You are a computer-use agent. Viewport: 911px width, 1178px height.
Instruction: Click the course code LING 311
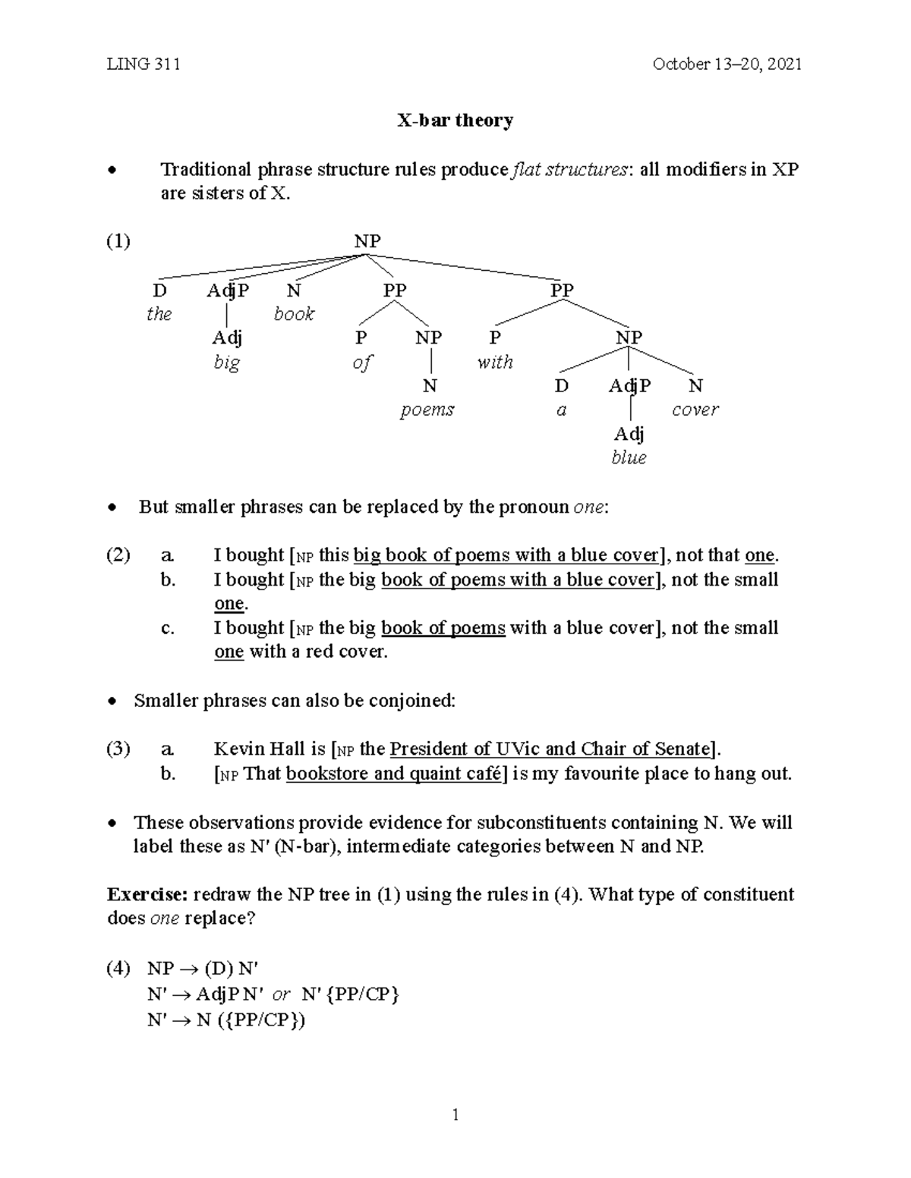click(x=143, y=64)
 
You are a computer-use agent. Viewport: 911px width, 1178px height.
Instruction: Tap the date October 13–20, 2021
click(x=727, y=64)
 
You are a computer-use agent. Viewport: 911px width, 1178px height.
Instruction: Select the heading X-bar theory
click(x=455, y=121)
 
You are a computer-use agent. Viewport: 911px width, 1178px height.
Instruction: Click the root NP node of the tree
click(x=367, y=241)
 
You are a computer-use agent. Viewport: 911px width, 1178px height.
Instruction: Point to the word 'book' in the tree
click(x=294, y=314)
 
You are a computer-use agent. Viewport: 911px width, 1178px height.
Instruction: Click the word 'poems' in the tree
click(x=427, y=410)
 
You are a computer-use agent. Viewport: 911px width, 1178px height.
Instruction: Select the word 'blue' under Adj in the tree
click(x=629, y=457)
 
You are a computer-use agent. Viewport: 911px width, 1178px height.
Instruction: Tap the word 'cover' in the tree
click(x=695, y=410)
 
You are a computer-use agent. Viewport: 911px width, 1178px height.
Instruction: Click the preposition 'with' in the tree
click(x=495, y=362)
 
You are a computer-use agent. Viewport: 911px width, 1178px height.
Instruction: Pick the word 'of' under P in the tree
click(x=362, y=363)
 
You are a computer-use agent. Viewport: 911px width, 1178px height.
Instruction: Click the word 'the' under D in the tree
click(x=159, y=314)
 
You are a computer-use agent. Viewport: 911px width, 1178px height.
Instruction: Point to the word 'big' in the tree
click(x=226, y=362)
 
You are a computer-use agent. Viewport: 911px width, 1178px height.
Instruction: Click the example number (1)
click(x=118, y=241)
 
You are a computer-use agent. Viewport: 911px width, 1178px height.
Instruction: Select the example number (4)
click(x=118, y=969)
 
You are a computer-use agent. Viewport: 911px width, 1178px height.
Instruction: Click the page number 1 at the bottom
click(x=455, y=1114)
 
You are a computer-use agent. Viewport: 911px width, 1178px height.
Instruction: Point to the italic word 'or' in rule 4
click(x=281, y=994)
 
